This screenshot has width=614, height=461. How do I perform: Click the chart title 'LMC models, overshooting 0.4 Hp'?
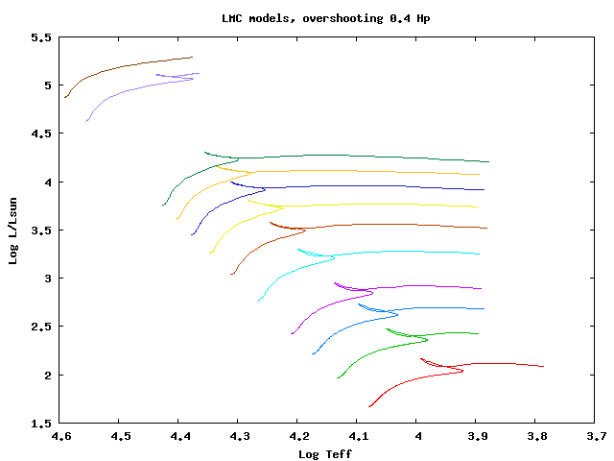pos(307,18)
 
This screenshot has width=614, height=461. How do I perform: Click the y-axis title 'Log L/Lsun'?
pos(14,230)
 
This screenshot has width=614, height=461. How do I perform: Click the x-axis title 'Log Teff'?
pos(326,453)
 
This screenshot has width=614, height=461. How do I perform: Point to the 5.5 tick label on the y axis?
pos(41,37)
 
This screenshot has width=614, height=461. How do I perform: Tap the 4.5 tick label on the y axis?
pos(41,133)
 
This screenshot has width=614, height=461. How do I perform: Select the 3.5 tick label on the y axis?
pos(41,230)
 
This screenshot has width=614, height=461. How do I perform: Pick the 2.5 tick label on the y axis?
pos(41,327)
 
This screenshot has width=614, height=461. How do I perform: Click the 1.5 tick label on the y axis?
pos(41,423)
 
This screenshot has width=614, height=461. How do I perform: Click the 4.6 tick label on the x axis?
pos(60,437)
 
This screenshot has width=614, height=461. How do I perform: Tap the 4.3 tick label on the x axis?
pos(239,437)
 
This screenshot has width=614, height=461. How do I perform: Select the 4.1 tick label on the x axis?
pos(358,437)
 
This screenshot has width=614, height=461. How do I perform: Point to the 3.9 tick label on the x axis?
pos(477,437)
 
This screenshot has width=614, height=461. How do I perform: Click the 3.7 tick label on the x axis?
pos(596,437)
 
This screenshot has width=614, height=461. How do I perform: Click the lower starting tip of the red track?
pos(369,406)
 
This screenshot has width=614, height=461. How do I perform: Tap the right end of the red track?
pos(544,366)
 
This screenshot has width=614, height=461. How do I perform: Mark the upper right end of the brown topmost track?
pos(192,58)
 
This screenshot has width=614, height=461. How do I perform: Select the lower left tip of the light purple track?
pos(86,121)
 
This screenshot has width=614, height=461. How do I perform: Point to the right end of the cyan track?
pos(480,254)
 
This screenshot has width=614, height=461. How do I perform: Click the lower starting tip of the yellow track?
pos(211,253)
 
